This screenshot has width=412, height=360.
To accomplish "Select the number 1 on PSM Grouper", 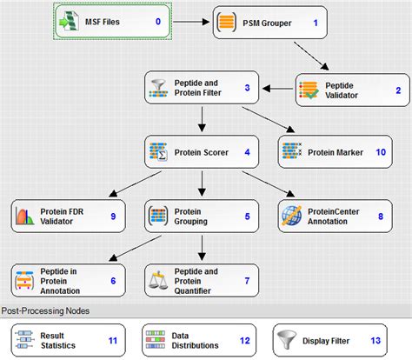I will [x=316, y=22].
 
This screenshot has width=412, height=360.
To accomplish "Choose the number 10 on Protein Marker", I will [x=379, y=152].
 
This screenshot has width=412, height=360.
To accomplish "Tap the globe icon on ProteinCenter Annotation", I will [x=291, y=215].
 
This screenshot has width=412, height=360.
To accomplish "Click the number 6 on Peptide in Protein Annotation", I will [x=113, y=280].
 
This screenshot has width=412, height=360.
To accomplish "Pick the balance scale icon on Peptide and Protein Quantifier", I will [x=158, y=280].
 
